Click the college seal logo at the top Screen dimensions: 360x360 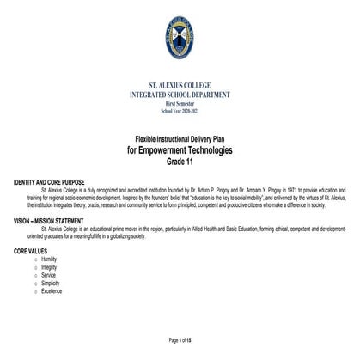(180, 40)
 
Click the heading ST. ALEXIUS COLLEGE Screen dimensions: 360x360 (180, 87)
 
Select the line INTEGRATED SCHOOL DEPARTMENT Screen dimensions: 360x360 (180, 95)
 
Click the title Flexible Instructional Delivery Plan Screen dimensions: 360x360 (180, 139)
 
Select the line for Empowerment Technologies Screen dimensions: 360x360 (180, 150)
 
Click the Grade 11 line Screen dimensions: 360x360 (180, 162)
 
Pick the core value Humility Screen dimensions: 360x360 (49, 259)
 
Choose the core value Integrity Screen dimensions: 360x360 (49, 267)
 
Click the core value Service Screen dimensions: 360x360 (48, 275)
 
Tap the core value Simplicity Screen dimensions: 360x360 (50, 283)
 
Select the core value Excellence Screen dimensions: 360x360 (51, 291)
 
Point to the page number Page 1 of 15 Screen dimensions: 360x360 (180, 339)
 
